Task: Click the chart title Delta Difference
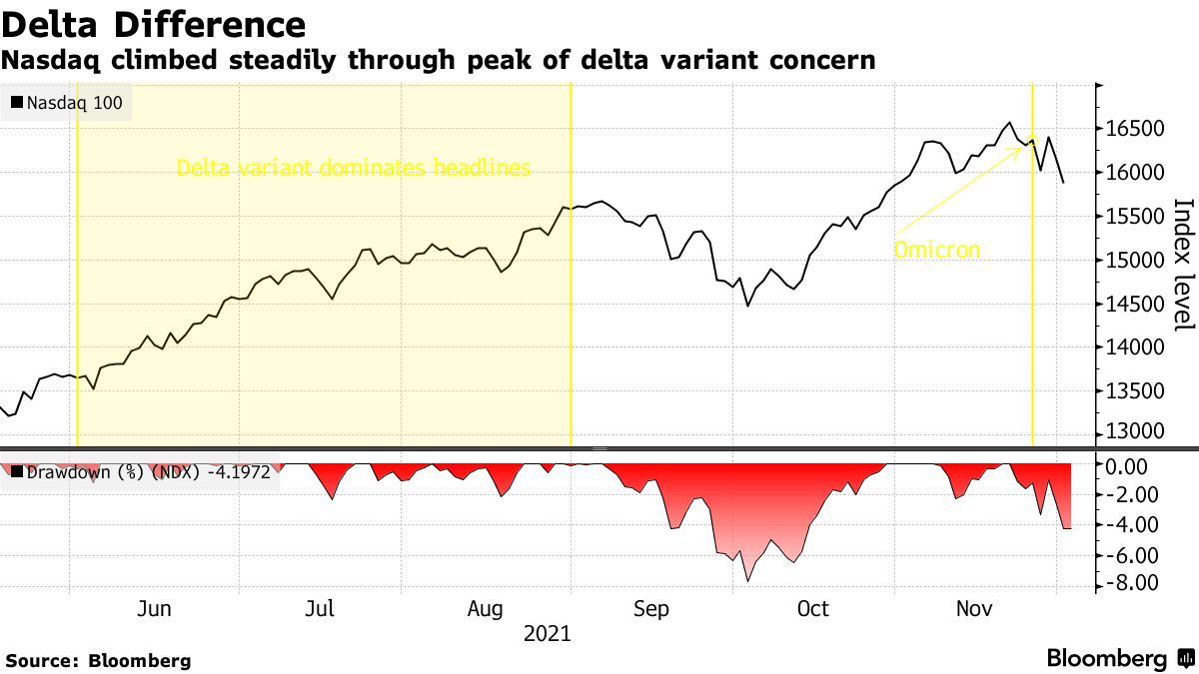coord(154,24)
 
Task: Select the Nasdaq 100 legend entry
coord(68,103)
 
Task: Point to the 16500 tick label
coord(1134,129)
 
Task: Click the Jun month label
coord(154,609)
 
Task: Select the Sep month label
coord(649,609)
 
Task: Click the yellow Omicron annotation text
coord(936,250)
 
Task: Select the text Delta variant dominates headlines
coord(354,168)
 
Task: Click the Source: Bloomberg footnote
coord(98,660)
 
